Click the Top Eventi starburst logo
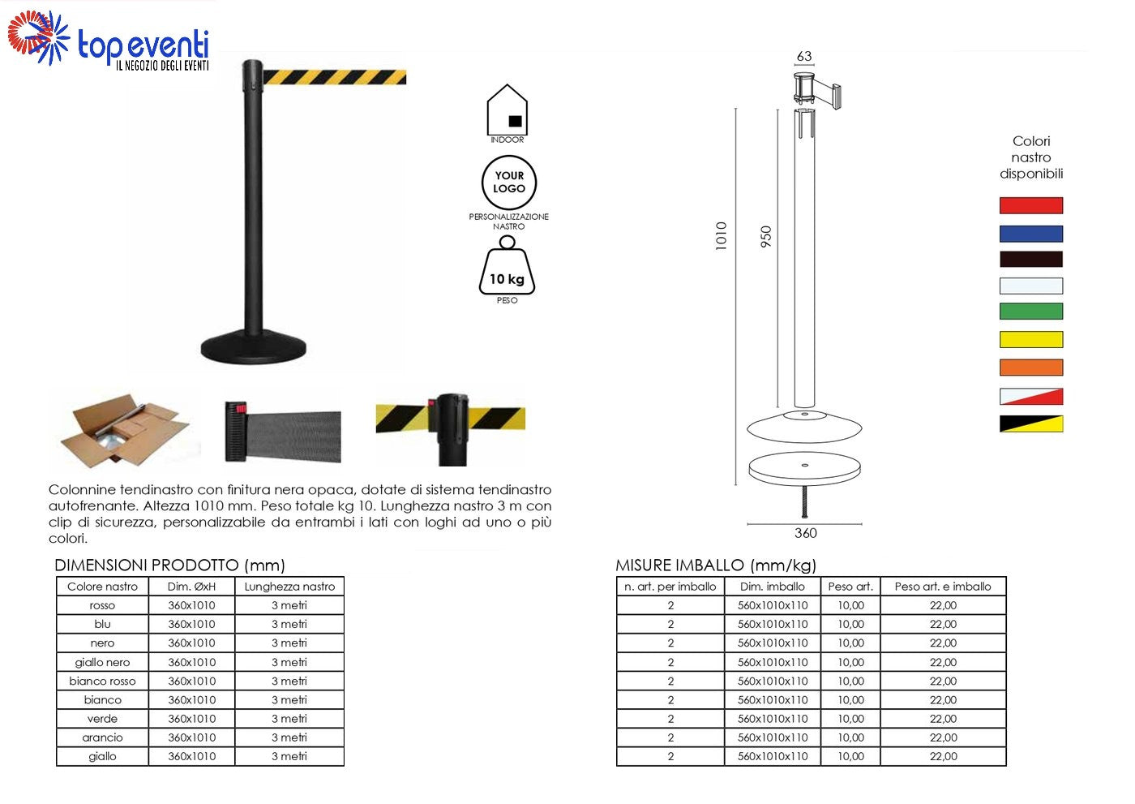39,38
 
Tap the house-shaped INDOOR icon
507,110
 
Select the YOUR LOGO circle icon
509,183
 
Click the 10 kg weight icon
507,266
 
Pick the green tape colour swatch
1030,312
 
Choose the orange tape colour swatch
1030,368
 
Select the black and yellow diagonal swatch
1030,423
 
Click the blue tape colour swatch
1030,234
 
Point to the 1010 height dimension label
721,236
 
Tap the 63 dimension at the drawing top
804,56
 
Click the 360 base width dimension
805,533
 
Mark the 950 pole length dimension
765,236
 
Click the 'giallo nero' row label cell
102,662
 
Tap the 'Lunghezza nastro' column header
289,587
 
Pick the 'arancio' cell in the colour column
102,737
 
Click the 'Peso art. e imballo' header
942,587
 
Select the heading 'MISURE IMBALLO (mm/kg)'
715,565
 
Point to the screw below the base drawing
804,501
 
